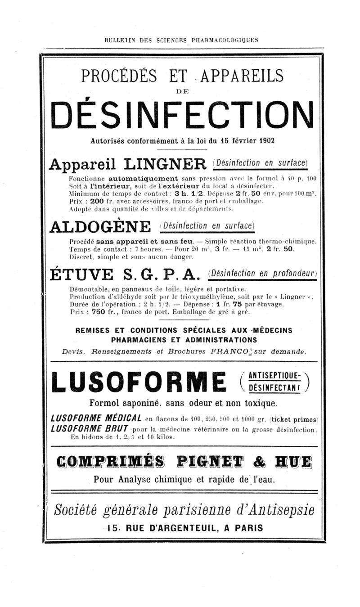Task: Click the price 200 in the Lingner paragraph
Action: [97, 202]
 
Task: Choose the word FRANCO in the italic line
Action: [227, 351]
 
